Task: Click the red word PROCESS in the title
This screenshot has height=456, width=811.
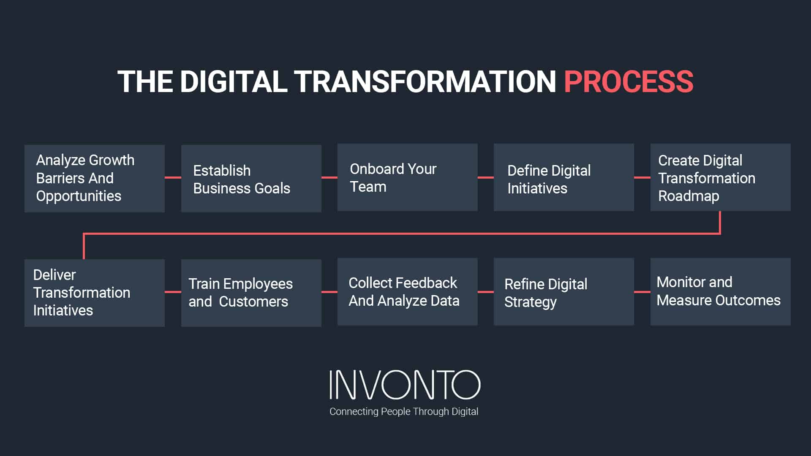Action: click(x=628, y=81)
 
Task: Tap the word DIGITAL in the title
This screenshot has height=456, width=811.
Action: click(x=234, y=81)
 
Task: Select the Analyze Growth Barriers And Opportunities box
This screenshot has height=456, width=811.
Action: click(x=94, y=178)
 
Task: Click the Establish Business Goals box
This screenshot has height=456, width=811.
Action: click(x=251, y=178)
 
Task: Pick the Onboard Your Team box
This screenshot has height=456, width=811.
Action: click(x=407, y=177)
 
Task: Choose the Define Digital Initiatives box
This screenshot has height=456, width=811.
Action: click(x=563, y=177)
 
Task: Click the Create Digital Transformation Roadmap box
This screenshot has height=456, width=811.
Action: click(x=720, y=177)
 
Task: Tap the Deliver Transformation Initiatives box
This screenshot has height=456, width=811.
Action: click(x=94, y=293)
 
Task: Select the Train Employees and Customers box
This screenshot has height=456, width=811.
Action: click(x=251, y=293)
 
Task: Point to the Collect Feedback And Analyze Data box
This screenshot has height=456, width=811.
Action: click(x=407, y=292)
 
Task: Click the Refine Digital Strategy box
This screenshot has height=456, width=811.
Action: click(x=563, y=292)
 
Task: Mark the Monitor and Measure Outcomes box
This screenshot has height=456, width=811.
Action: click(x=720, y=292)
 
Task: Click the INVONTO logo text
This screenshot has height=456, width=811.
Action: click(x=405, y=385)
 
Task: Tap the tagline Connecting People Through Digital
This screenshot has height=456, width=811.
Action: click(x=404, y=412)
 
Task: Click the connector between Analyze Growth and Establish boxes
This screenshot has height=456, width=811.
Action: click(x=173, y=178)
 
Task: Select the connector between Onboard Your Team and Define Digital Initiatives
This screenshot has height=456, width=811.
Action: click(x=486, y=177)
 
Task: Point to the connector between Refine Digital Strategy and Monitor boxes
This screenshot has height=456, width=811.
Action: click(x=642, y=292)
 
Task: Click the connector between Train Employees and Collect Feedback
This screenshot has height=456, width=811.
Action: click(x=329, y=292)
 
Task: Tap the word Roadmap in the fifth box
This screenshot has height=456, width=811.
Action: click(x=689, y=196)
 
